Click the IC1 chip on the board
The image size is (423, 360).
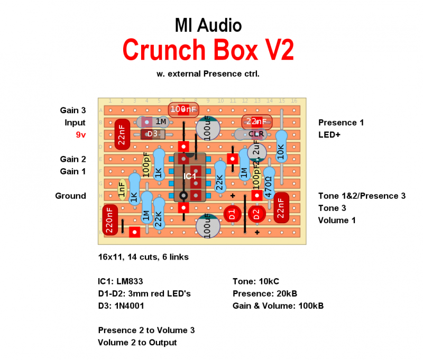190,177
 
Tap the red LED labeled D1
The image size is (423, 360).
231,214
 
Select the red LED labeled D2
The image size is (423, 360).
256,214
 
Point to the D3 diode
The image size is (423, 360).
152,134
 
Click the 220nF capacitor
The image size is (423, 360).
110,219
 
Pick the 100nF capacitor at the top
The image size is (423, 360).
183,109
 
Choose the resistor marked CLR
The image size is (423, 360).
256,134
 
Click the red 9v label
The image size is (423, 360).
80,135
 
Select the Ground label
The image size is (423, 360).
70,196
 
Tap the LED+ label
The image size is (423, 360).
329,135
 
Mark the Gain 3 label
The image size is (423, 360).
73,110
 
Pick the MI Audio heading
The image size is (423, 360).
208,25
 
